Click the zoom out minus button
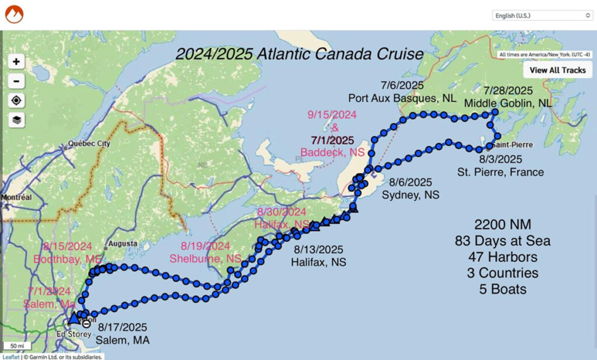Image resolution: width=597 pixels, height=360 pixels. pos(17,81)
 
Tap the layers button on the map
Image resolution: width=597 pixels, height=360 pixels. pos(17,120)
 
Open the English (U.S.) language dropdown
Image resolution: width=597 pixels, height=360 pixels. pos(542,15)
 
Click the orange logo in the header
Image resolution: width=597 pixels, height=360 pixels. pos(13,14)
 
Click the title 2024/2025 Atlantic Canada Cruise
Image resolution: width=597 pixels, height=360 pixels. pos(300,55)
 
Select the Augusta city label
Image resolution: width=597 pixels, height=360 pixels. pos(123,243)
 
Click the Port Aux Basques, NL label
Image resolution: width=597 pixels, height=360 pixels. pos(402,98)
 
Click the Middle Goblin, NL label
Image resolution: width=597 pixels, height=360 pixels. pos(508,103)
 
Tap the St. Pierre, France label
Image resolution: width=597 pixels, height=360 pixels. pos(500,172)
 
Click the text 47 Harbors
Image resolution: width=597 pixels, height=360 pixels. pos(503,257)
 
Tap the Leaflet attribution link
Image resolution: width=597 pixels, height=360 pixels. pos(10,356)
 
